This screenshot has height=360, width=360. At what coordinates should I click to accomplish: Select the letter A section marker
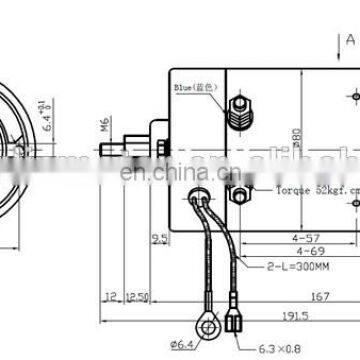tap(350, 41)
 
